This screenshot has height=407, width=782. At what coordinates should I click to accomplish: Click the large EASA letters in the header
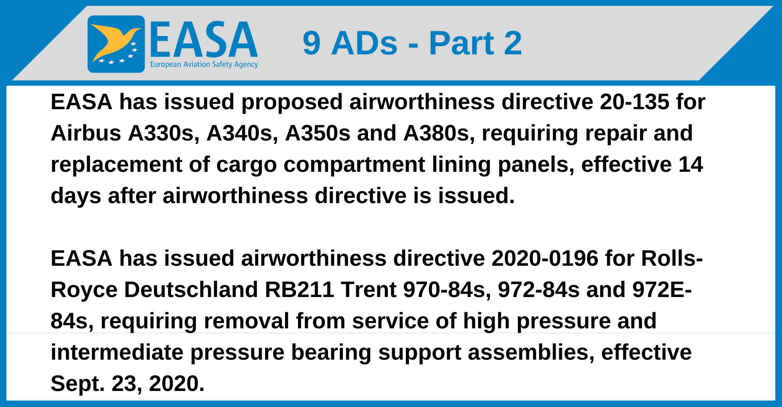click(x=204, y=40)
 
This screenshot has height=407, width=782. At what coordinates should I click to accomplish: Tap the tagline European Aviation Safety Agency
click(x=204, y=65)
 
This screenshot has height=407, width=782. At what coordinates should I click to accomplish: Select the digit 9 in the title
click(x=312, y=43)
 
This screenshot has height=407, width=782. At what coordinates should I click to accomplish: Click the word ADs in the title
click(x=364, y=43)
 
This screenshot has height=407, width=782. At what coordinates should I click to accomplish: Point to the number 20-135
click(x=635, y=102)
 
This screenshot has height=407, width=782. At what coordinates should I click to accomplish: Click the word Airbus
click(x=86, y=133)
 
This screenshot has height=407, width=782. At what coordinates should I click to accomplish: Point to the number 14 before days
click(x=691, y=164)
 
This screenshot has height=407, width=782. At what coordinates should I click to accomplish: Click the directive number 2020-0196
click(x=545, y=258)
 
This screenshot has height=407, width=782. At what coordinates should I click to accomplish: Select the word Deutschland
click(x=191, y=290)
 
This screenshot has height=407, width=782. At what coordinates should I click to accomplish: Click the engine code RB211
click(x=299, y=290)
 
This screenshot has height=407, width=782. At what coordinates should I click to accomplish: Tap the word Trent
click(x=368, y=290)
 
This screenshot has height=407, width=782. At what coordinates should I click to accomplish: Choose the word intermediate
click(x=117, y=352)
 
